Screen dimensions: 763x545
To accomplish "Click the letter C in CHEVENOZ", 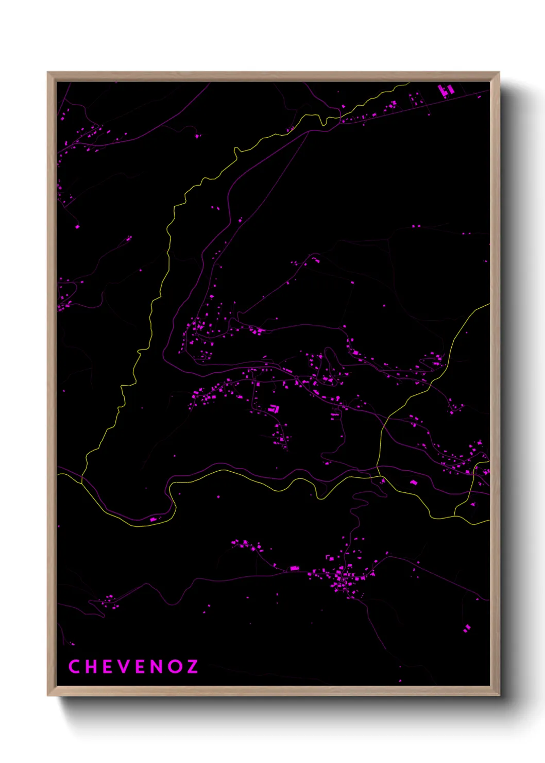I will click(74, 667).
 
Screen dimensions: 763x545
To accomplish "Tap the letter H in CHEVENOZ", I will click(90, 667).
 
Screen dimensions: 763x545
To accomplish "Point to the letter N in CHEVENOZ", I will click(157, 667).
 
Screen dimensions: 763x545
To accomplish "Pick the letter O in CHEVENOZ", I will click(175, 667).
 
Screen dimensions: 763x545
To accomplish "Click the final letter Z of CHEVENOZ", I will click(192, 667).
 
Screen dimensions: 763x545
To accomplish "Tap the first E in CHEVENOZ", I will click(107, 667).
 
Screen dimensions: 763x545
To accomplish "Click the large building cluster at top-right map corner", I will click(446, 90).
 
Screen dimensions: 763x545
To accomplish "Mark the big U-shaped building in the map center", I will click(274, 409).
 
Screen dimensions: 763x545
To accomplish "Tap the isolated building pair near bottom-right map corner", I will click(467, 628).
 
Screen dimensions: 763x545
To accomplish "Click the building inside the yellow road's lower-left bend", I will click(153, 519).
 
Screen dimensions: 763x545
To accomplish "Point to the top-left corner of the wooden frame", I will click(48, 73).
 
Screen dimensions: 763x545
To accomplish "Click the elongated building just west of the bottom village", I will click(294, 568).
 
